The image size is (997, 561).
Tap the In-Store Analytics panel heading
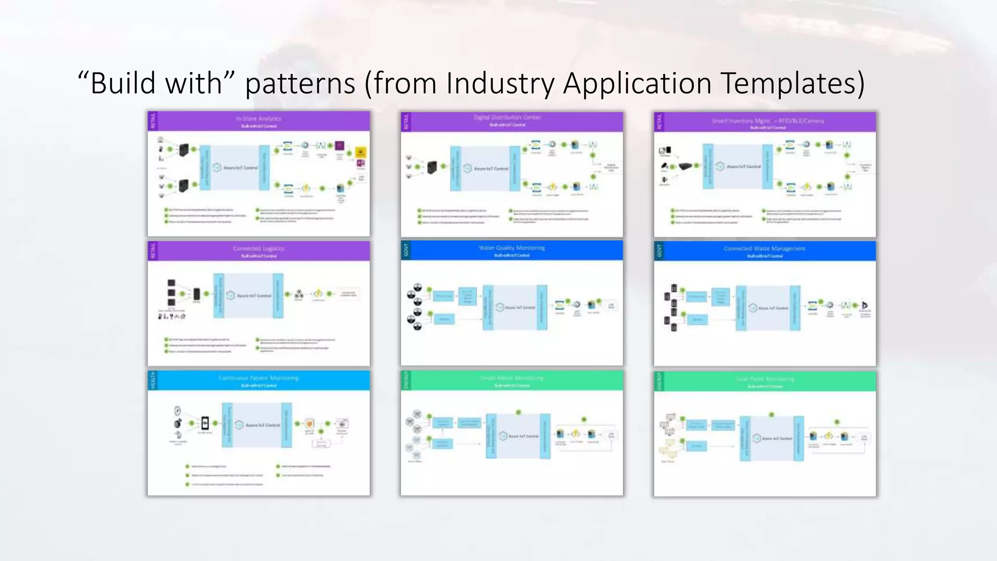pos(258,119)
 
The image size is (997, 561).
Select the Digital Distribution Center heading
pos(507,117)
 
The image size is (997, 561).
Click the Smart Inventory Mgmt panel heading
pos(767,121)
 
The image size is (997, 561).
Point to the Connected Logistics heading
pos(258,248)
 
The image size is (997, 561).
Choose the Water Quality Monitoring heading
pos(512,248)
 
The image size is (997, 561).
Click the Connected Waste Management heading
pos(764,248)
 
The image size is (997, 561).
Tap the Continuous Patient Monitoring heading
pos(258,378)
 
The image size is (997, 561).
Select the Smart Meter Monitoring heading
pos(512,378)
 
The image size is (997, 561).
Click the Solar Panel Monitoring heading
pos(765,379)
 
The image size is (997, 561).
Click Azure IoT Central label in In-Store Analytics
pos(240,168)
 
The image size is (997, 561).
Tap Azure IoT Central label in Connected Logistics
pos(254,296)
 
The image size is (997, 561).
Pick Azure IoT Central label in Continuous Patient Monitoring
pos(262,425)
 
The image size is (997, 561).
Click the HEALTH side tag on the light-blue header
pos(153,380)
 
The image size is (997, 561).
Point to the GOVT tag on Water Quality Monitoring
pos(406,250)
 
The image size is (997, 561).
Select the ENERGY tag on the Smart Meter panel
pos(406,380)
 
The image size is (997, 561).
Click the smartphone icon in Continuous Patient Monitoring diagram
pos(205,423)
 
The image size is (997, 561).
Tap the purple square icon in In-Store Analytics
pos(340,145)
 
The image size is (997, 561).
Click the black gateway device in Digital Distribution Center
pos(432,168)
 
